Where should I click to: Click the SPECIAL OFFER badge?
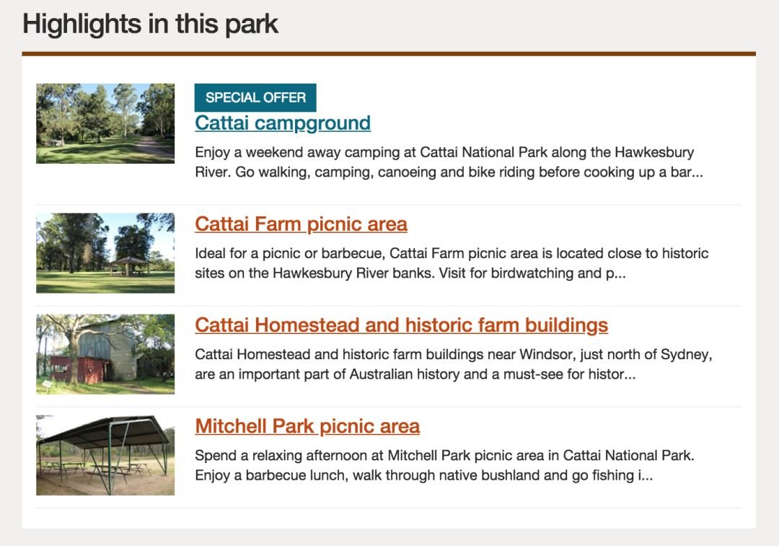pos(255,97)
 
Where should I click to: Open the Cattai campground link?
pos(283,123)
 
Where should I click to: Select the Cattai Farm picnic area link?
pos(301,224)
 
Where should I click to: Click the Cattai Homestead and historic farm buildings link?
pos(402,325)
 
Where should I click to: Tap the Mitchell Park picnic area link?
pos(307,426)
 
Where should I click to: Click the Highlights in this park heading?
pos(150,24)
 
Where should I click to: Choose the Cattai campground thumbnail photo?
pos(105,123)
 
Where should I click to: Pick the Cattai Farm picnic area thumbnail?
pos(105,253)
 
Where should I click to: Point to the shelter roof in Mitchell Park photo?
pos(105,431)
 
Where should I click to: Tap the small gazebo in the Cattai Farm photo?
pos(128,266)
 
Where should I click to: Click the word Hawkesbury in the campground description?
pos(654,152)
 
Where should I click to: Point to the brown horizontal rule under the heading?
pos(389,53)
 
